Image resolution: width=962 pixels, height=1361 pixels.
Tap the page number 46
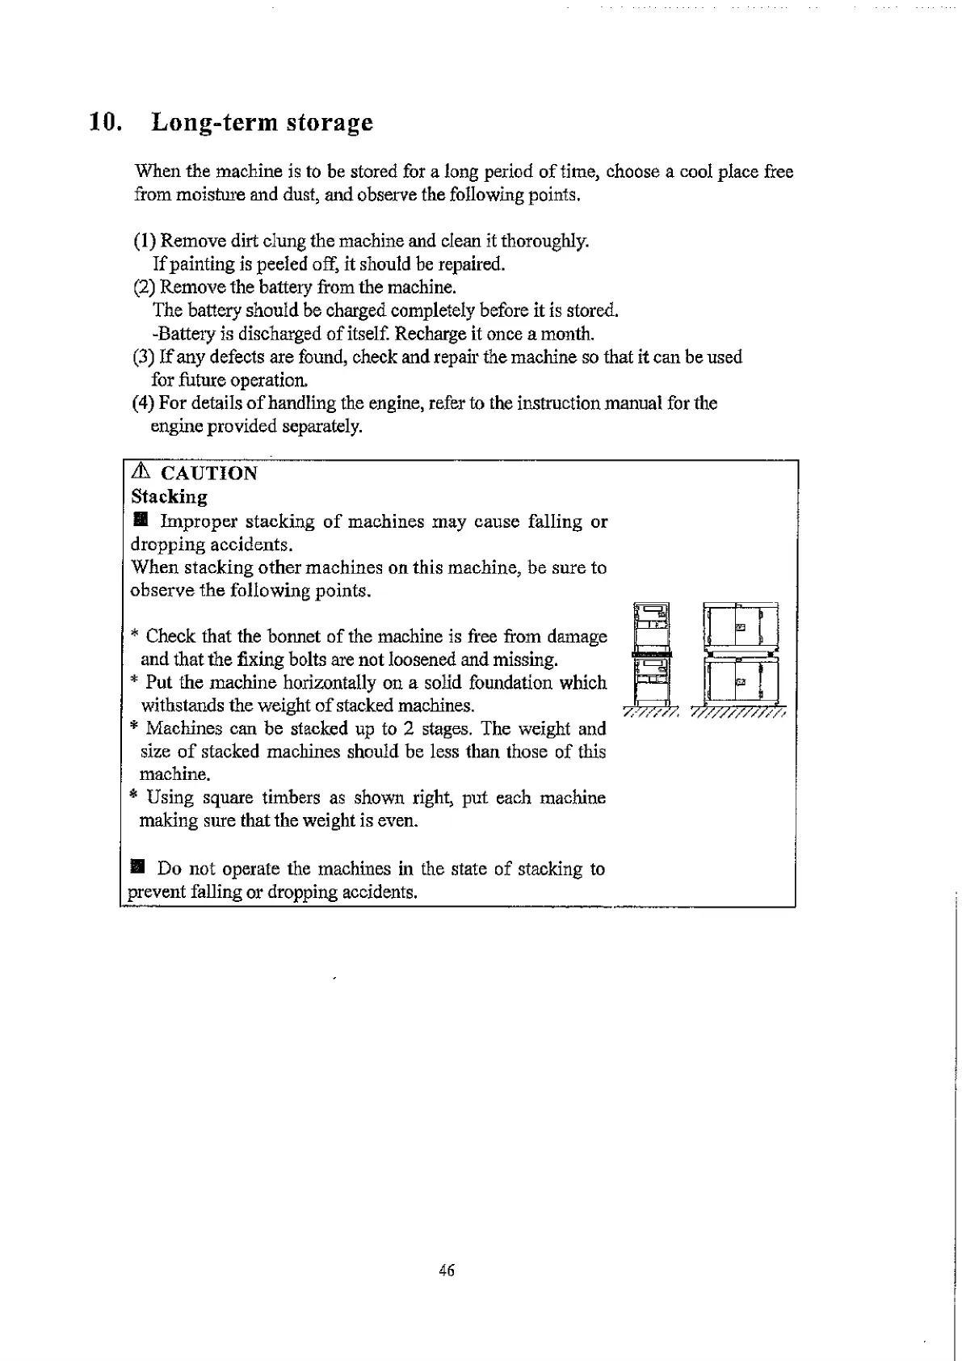(447, 1270)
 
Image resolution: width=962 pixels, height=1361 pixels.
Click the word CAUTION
(209, 474)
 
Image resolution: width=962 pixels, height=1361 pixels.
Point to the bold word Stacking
(169, 496)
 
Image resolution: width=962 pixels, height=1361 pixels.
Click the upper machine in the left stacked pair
(652, 624)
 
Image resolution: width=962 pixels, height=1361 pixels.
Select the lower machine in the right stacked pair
(741, 682)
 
